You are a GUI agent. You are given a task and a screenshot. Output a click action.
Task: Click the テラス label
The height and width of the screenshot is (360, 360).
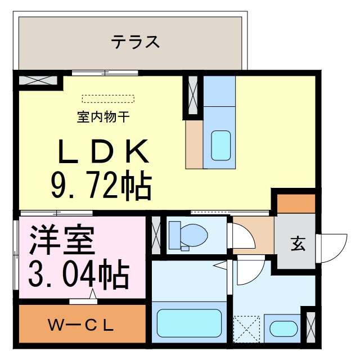point(135,42)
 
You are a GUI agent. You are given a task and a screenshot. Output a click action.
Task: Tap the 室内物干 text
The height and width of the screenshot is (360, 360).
point(104,118)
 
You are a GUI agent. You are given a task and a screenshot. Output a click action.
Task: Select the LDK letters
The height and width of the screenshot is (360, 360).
point(103,150)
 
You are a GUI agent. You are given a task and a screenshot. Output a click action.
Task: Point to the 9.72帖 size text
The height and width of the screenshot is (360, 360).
point(101,186)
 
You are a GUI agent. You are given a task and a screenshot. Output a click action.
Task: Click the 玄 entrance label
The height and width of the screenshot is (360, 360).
point(297,244)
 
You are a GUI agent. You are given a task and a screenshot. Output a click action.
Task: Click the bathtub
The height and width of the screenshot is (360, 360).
point(188,323)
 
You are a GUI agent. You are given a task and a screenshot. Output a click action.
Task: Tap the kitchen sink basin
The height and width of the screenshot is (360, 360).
point(220,146)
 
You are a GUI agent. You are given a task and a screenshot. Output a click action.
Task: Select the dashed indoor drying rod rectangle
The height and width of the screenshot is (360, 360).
point(109,99)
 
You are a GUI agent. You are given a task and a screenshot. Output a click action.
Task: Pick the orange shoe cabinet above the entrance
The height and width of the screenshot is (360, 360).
point(296,204)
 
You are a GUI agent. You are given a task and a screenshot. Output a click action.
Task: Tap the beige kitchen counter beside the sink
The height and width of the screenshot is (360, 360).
point(194,145)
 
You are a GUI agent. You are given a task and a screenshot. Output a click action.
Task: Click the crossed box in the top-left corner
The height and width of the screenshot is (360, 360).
point(38,79)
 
